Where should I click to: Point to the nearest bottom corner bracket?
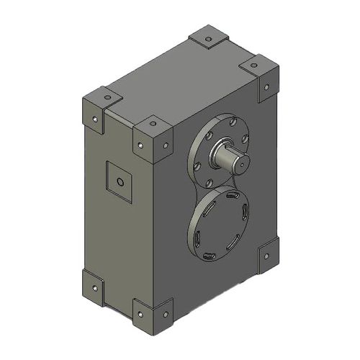pyautogui.click(x=153, y=315)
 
